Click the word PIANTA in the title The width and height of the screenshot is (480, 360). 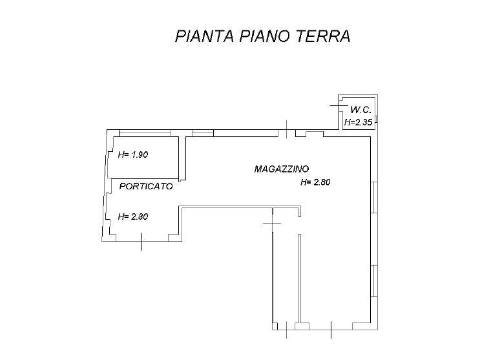click(205, 36)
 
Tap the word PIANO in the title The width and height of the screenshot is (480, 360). click(264, 36)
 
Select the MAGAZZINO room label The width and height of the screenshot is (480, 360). click(282, 169)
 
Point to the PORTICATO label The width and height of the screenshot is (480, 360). click(146, 186)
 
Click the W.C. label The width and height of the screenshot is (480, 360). click(361, 109)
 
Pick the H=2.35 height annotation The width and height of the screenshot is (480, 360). click(358, 122)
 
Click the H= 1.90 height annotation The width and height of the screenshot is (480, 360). click(133, 154)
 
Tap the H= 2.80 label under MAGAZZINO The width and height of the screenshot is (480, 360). click(315, 182)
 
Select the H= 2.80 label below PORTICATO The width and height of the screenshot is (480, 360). click(133, 217)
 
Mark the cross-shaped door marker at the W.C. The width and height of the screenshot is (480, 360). click(339, 106)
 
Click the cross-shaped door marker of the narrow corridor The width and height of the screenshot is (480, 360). click(272, 223)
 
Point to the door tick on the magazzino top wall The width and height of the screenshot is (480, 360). click(287, 129)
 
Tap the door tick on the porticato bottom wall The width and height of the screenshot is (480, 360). click(141, 242)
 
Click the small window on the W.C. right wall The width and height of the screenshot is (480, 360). click(376, 119)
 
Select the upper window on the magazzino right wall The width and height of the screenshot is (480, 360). click(374, 197)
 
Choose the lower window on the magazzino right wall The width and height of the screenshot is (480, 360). click(374, 281)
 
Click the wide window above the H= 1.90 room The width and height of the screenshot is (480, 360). click(145, 133)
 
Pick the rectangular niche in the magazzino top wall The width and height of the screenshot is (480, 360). click(315, 134)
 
